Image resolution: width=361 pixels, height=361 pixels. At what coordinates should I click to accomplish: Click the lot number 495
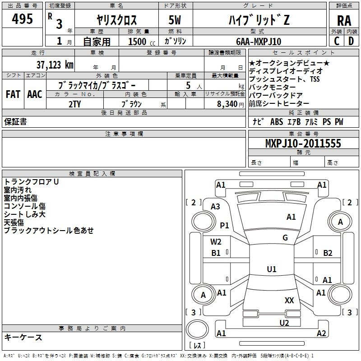[22, 19]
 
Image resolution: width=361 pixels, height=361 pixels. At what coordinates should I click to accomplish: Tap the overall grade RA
[344, 21]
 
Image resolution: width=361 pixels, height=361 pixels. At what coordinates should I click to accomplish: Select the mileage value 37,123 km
[55, 65]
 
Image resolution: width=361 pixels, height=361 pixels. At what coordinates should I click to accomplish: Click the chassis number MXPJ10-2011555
[303, 143]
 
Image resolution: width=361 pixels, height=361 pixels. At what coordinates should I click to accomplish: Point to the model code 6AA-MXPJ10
[259, 42]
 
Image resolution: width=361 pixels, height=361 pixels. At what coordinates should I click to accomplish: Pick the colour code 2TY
[74, 104]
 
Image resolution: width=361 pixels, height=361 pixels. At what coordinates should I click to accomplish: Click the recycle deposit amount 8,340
[227, 104]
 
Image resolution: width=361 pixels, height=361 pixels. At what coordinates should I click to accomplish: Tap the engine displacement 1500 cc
[142, 42]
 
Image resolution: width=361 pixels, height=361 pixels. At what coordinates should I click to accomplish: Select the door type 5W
[175, 20]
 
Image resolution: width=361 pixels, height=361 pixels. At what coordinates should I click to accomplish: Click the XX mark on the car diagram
[289, 300]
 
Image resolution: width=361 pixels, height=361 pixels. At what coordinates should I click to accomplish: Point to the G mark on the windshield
[285, 237]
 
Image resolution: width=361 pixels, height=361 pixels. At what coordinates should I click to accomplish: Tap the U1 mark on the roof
[272, 269]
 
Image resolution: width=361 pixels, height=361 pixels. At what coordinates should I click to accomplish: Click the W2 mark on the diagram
[216, 242]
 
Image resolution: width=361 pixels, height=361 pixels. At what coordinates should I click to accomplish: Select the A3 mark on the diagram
[215, 207]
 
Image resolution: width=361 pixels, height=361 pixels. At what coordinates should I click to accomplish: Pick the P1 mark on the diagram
[224, 225]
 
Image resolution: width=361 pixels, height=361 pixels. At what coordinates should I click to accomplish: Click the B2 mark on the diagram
[328, 253]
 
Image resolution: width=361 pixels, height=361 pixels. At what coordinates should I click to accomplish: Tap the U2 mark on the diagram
[284, 323]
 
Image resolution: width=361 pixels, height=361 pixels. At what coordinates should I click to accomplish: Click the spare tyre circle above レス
[197, 329]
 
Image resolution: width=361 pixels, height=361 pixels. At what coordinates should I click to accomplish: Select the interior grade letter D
[351, 41]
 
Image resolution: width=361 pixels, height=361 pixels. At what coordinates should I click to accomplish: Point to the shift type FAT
[13, 94]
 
